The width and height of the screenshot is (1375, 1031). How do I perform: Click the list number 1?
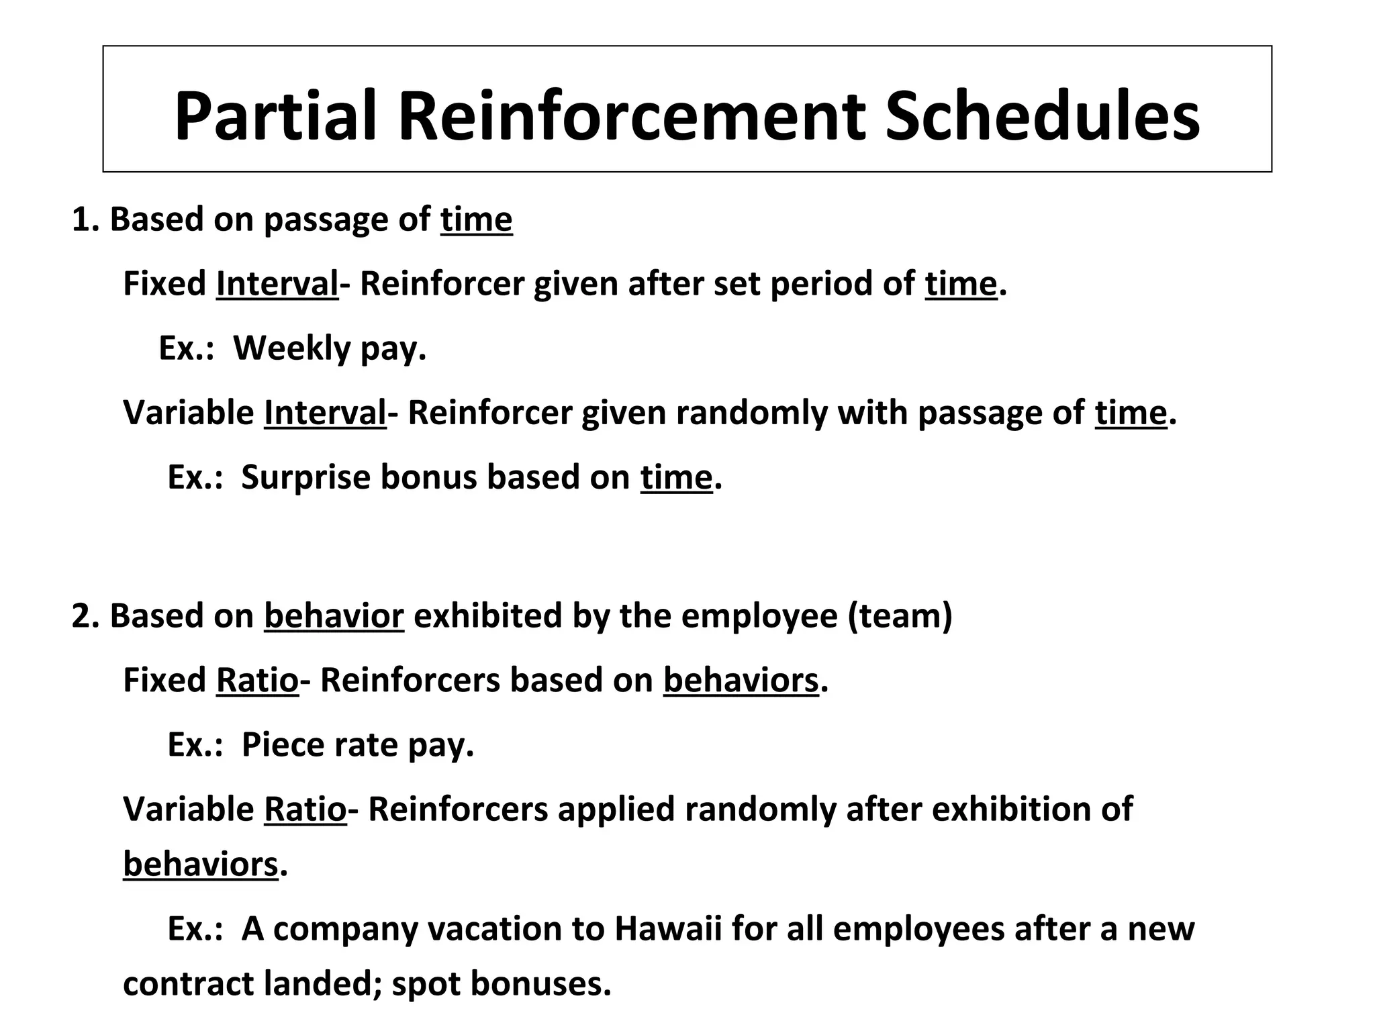point(81,219)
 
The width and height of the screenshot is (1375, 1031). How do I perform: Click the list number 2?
point(81,616)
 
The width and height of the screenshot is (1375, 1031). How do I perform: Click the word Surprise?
point(305,477)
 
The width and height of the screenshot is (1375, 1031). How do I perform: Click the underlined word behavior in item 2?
point(334,616)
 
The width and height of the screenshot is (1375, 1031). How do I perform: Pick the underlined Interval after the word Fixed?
point(277,284)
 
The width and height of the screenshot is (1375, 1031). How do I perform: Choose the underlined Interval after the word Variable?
point(325,413)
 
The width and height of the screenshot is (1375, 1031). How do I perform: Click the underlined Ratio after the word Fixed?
point(257,681)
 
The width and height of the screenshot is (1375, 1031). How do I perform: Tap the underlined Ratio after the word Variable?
point(305,809)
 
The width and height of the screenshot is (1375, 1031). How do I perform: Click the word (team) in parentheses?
point(900,616)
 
